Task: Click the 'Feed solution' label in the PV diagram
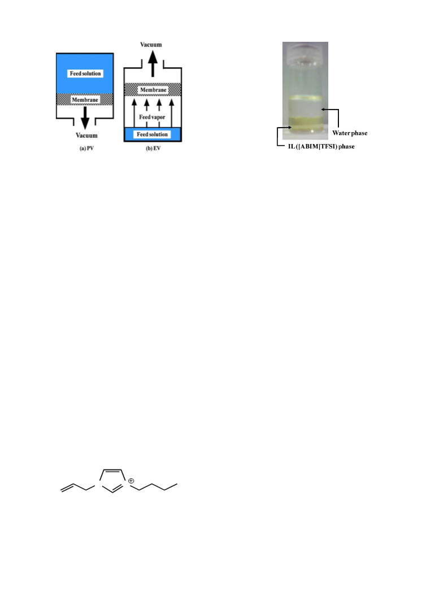(85, 73)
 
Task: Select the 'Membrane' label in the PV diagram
(85, 100)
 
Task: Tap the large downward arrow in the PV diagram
(85, 117)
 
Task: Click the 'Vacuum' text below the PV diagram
(86, 136)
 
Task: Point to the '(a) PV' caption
(86, 149)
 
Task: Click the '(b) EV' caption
(153, 149)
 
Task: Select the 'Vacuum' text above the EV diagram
(151, 45)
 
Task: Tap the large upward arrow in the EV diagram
(153, 63)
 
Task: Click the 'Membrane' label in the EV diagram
(153, 90)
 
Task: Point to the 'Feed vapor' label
(152, 117)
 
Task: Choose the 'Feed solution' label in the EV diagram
(153, 134)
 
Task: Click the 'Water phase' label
(350, 133)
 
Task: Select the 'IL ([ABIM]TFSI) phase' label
(321, 147)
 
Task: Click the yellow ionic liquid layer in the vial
(305, 123)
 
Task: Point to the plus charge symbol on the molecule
(131, 481)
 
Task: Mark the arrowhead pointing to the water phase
(323, 109)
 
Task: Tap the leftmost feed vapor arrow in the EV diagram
(134, 113)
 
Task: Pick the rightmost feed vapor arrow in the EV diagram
(171, 113)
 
